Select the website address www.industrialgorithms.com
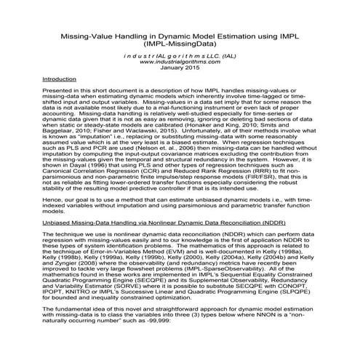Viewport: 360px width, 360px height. pos(180,62)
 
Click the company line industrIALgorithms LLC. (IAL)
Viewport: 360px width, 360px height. pos(180,55)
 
